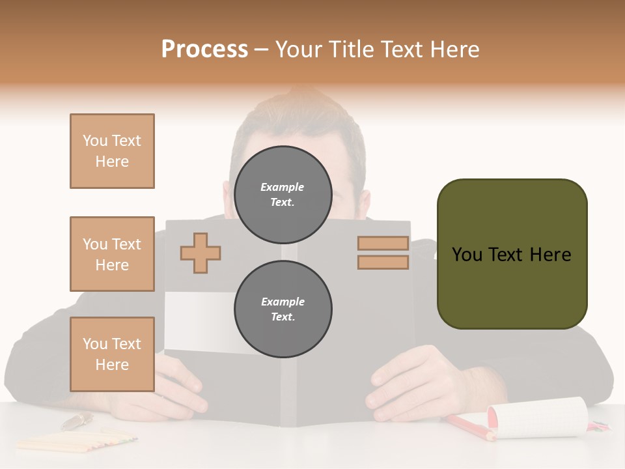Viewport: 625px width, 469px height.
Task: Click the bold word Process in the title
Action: (x=204, y=50)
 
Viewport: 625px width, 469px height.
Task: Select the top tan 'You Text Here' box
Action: (x=112, y=151)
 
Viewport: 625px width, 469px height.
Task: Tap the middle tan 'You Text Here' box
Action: (x=112, y=254)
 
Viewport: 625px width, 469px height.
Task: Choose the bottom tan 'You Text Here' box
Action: (x=112, y=354)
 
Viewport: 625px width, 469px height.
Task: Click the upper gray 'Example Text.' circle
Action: (x=283, y=194)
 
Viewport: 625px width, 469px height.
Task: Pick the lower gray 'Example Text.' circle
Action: (x=283, y=309)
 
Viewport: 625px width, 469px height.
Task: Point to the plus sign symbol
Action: (x=200, y=253)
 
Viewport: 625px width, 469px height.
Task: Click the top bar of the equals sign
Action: (x=383, y=243)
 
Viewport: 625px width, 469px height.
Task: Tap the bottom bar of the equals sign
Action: (x=383, y=263)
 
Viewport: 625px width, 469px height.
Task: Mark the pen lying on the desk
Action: (x=77, y=421)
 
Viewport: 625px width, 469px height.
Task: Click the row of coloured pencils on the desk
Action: (x=76, y=442)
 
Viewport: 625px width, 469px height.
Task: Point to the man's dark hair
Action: (x=293, y=124)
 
